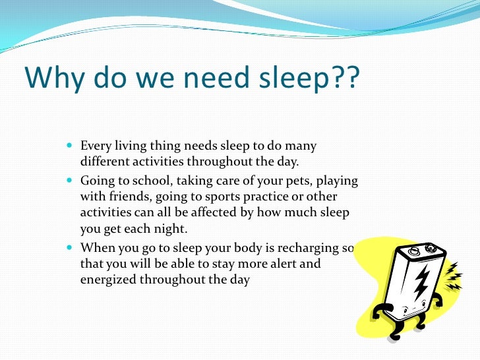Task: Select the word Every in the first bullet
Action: click(96, 145)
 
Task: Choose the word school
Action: click(152, 179)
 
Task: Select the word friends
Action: click(131, 196)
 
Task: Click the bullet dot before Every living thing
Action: click(71, 145)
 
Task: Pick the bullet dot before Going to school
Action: click(71, 179)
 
